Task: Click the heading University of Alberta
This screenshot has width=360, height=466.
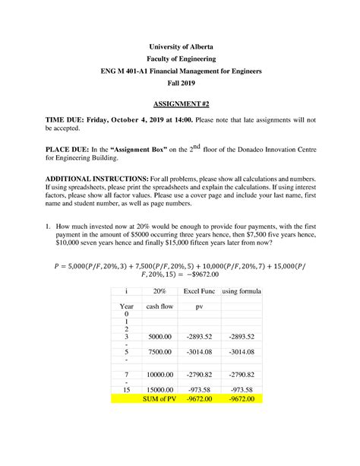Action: click(181, 45)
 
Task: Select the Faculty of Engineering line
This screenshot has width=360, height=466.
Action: click(181, 58)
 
